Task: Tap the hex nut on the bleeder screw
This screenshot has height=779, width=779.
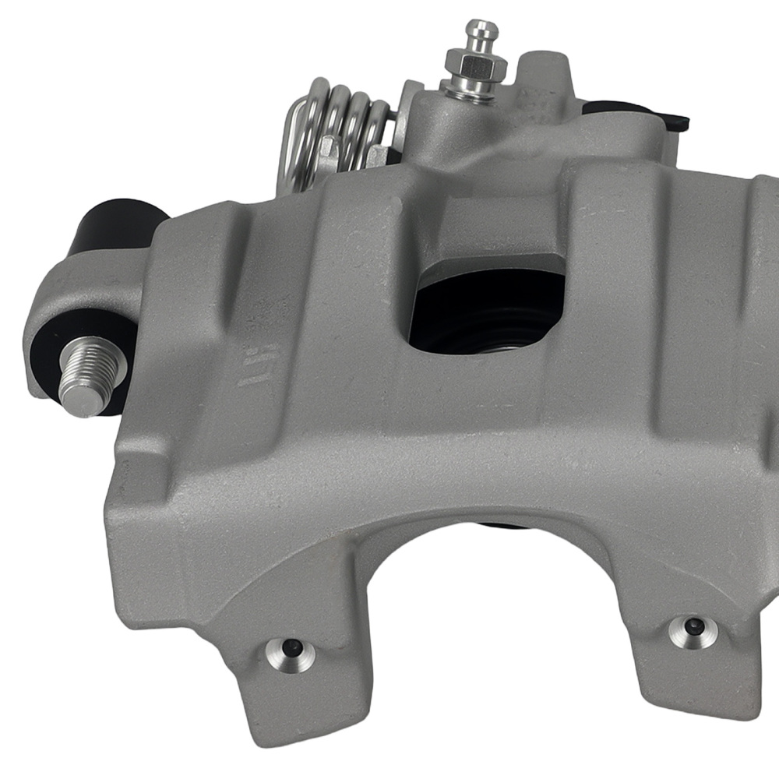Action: (x=471, y=65)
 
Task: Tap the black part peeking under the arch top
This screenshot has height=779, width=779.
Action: (x=499, y=523)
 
